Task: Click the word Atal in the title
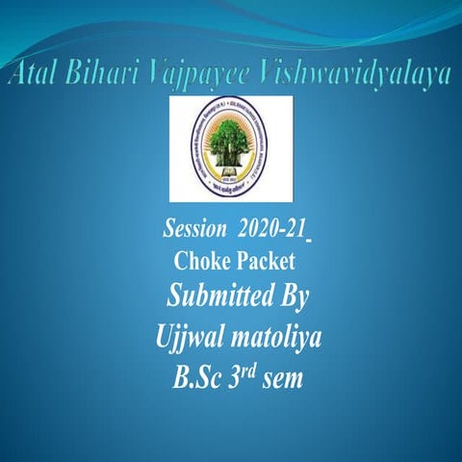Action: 36,74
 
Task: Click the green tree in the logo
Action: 231,145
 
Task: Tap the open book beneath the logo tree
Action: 231,173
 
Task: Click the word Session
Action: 196,231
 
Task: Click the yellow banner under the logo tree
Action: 231,183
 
